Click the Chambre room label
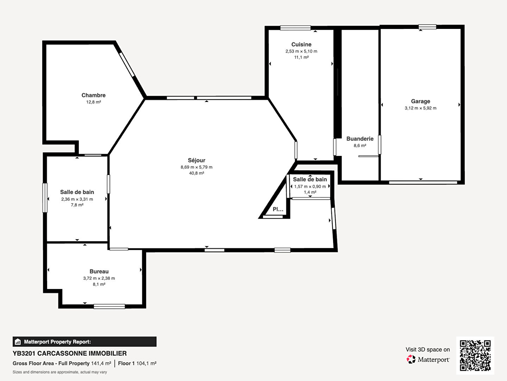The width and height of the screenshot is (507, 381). point(94,95)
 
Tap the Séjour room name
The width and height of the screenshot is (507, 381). point(196,160)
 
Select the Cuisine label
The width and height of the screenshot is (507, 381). point(301,44)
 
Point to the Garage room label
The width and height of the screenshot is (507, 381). point(420,101)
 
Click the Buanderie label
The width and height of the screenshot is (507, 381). point(360,139)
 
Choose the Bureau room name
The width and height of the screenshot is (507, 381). point(99,271)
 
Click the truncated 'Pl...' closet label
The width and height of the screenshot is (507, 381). point(278,209)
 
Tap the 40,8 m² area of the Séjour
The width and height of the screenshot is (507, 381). point(196,173)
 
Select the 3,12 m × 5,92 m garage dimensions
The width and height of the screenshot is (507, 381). point(420,108)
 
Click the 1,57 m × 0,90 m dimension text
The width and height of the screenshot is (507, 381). point(310,187)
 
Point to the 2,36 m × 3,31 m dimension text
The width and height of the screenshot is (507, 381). point(77,199)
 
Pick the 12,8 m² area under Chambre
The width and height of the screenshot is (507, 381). point(94,102)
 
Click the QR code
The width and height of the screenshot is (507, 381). point(475,355)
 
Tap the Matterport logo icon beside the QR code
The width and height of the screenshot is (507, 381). point(411,359)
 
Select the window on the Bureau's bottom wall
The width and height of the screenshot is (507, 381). point(109,307)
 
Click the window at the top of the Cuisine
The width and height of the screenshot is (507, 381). point(295,28)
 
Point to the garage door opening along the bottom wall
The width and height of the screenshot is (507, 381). point(423,182)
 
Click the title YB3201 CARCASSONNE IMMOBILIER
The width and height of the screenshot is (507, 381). point(69,353)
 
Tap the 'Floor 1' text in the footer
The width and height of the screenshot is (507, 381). point(126,363)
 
